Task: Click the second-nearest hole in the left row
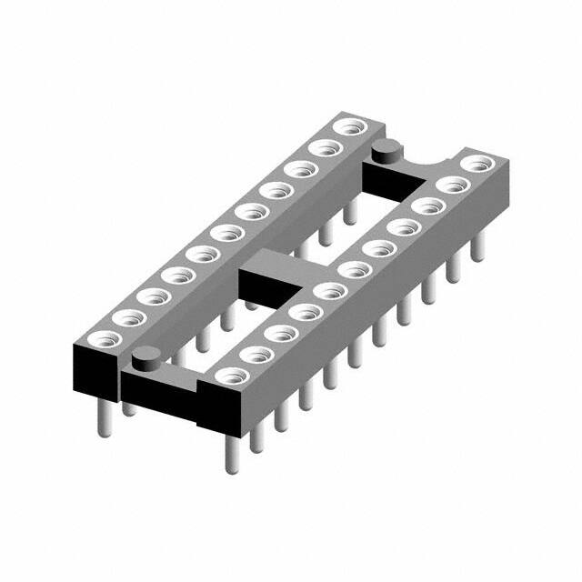click(x=129, y=318)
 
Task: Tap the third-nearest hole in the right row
click(x=282, y=333)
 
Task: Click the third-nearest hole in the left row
click(x=154, y=296)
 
